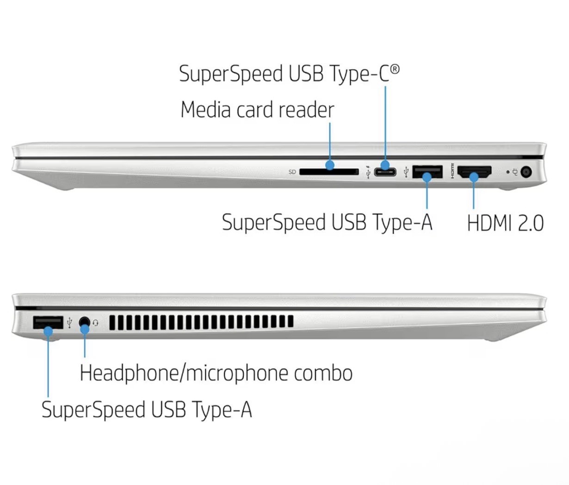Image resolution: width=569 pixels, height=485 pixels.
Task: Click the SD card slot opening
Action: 329,172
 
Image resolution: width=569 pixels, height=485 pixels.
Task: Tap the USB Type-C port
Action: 385,172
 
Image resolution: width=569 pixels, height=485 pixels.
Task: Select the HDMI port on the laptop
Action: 474,172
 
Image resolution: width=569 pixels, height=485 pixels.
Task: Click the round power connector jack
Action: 526,172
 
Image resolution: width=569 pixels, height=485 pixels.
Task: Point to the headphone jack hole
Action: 85,322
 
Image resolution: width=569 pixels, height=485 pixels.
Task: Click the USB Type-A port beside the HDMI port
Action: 427,172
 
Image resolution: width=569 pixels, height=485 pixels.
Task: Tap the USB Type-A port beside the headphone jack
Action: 48,322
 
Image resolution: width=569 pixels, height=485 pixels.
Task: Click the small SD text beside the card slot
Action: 292,172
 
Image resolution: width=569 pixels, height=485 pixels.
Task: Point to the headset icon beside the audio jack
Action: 95,322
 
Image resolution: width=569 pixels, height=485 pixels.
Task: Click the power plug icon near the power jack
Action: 515,172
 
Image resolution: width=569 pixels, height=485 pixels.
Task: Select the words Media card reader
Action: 257,110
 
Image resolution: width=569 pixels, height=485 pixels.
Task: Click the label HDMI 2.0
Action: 506,223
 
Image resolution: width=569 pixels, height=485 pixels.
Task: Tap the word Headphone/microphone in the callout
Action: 184,373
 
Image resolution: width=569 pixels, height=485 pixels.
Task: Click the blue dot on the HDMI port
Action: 474,177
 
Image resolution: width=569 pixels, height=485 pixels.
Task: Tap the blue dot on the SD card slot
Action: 330,165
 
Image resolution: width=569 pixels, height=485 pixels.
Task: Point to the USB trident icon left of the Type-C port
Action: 368,171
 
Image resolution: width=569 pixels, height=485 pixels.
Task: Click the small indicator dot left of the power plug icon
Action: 508,172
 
